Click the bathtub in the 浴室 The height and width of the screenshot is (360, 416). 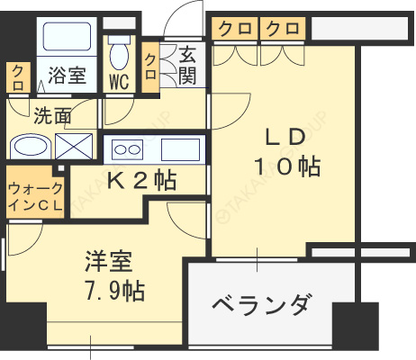[x=67, y=36]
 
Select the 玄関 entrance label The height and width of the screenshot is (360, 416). [x=187, y=65]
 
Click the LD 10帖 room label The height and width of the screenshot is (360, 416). [x=287, y=151]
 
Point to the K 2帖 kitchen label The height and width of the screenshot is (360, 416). [x=141, y=180]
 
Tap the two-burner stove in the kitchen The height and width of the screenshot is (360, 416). [x=127, y=149]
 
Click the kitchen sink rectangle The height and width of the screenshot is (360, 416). [x=180, y=149]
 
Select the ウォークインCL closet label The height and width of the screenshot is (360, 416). [x=35, y=197]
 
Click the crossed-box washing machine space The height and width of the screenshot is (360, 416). [x=74, y=147]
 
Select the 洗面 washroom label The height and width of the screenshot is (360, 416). [x=52, y=115]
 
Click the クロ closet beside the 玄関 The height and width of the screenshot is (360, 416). [x=150, y=67]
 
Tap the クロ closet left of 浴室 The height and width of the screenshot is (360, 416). [x=18, y=77]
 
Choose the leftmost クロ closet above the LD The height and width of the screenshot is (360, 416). [x=235, y=29]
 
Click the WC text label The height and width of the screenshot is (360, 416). [x=119, y=82]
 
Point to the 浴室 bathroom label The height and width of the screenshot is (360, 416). [x=67, y=75]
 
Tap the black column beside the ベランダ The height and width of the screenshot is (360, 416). [x=355, y=325]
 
